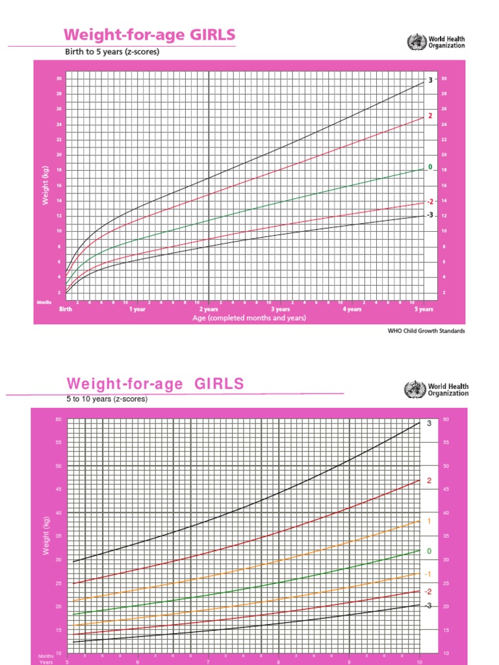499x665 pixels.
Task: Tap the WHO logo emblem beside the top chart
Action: [413, 43]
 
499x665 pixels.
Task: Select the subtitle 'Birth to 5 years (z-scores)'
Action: [112, 52]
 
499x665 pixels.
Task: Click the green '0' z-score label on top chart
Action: [430, 167]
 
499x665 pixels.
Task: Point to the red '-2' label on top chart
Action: [429, 202]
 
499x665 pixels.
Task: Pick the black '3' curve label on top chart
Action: [430, 80]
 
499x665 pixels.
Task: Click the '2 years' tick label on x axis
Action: [209, 310]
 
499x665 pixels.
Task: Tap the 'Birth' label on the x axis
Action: [66, 310]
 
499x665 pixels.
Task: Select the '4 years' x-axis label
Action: [352, 310]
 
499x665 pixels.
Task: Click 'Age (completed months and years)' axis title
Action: [249, 318]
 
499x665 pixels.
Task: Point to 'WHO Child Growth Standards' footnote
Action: [426, 331]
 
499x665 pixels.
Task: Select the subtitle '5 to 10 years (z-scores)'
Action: [107, 399]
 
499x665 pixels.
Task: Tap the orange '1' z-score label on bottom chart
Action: [429, 521]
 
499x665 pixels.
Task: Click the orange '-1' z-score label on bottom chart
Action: [428, 574]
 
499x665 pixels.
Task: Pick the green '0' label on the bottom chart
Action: [429, 551]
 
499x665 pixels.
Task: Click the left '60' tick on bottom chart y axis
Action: [58, 420]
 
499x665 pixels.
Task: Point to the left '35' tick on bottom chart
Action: [58, 536]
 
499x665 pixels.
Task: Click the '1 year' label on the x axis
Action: [137, 310]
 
